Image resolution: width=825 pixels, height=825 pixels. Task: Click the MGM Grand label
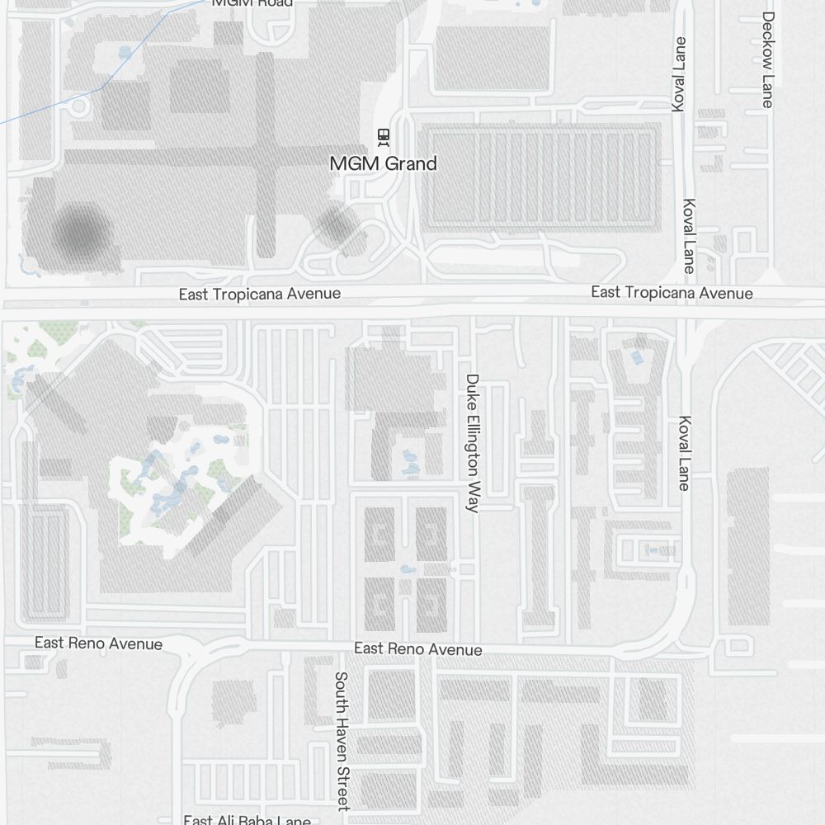383,163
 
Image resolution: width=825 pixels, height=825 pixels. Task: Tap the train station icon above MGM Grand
383,135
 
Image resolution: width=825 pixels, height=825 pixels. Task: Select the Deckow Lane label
768,59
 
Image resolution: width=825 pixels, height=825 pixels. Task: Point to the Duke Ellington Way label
472,443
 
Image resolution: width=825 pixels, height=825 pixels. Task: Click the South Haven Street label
342,740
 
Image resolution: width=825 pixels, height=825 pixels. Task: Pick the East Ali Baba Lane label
247,820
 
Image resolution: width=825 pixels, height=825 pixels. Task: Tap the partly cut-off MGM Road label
252,3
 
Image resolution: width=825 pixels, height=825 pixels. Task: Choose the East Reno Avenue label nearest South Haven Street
417,649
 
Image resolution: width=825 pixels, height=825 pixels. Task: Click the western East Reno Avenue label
98,643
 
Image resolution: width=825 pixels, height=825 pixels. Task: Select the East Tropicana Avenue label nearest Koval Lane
672,293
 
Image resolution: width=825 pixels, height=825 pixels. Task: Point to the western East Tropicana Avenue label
259,295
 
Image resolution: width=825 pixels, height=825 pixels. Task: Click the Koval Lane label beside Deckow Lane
679,74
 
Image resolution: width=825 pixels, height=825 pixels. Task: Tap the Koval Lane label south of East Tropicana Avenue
684,453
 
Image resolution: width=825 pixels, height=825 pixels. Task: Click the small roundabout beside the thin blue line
80,106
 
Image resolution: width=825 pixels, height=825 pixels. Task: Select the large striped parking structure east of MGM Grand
540,175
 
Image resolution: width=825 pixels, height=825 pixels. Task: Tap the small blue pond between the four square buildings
406,569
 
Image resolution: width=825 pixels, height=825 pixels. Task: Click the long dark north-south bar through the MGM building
265,157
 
